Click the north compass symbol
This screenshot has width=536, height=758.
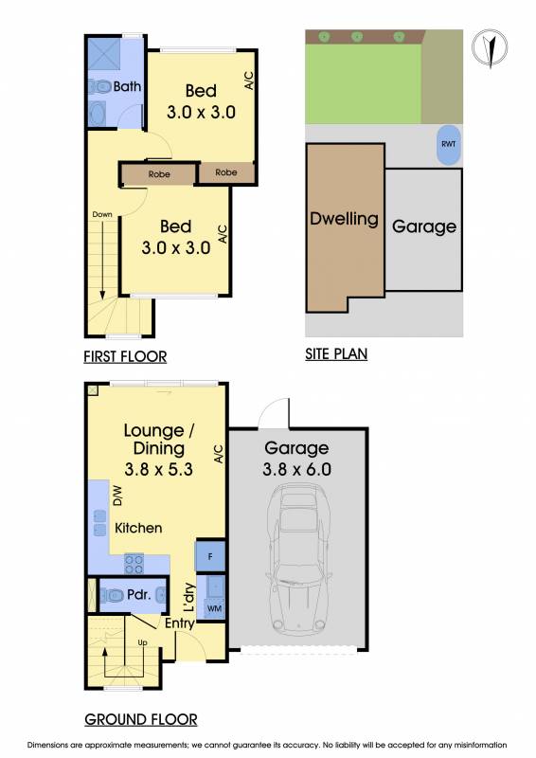(x=490, y=48)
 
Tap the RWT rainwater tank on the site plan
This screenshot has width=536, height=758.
(x=449, y=145)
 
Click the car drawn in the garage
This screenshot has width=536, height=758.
(x=298, y=559)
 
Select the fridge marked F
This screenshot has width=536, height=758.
(x=210, y=556)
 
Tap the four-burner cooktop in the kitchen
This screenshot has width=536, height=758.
(x=134, y=563)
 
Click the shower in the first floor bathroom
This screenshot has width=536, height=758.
(x=103, y=54)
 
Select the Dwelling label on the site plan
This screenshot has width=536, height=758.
(x=344, y=219)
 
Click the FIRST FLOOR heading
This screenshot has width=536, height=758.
(x=125, y=357)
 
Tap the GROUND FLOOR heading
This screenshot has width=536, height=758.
(x=141, y=719)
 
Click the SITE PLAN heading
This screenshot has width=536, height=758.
(x=336, y=353)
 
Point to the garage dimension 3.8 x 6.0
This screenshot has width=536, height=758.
(x=296, y=469)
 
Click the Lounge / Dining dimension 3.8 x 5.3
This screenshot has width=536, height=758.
(x=158, y=469)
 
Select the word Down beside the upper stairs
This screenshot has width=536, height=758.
(x=102, y=214)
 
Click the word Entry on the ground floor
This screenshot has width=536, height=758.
(x=179, y=623)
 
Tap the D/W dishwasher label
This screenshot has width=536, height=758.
(x=117, y=496)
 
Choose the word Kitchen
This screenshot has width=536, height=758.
(x=138, y=528)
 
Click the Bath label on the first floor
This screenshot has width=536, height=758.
(x=127, y=86)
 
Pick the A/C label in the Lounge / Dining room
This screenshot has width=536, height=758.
(x=219, y=454)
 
